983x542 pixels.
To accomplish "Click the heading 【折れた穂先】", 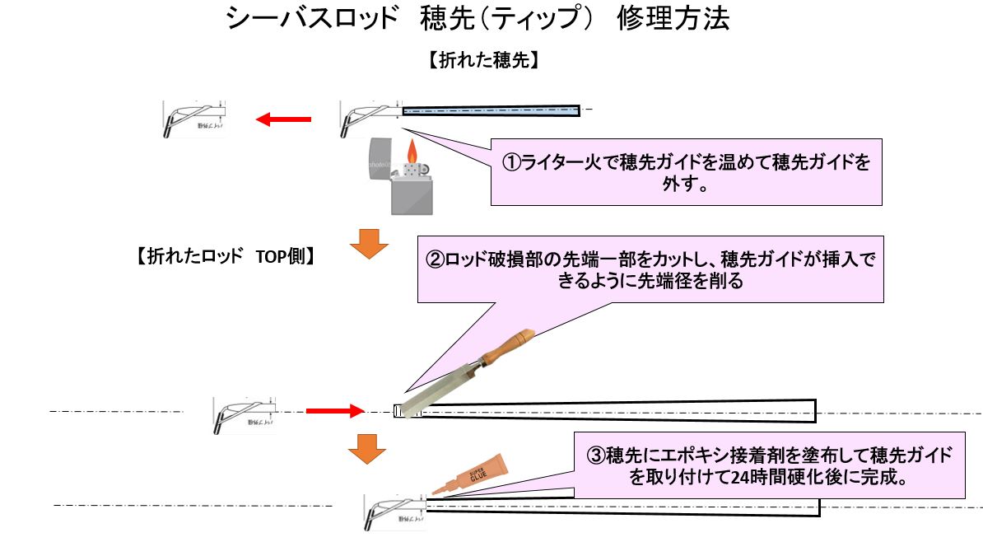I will click(x=483, y=61).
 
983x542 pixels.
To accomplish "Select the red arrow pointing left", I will click(x=283, y=120).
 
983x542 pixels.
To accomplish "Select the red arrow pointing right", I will click(x=334, y=409).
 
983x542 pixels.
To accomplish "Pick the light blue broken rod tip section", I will click(x=491, y=110).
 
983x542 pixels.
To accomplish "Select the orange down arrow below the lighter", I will click(x=368, y=242).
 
